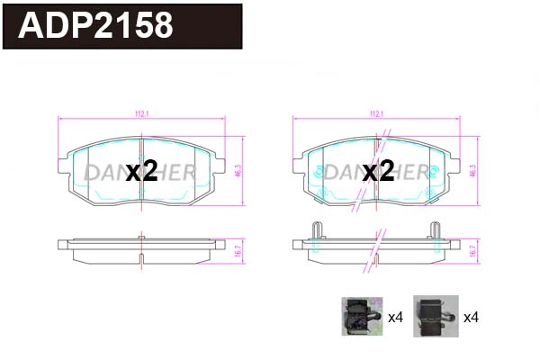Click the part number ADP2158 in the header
pyautogui.click(x=95, y=26)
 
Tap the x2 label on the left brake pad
pyautogui.click(x=141, y=172)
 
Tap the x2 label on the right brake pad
pyautogui.click(x=379, y=172)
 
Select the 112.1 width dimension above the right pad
pyautogui.click(x=377, y=113)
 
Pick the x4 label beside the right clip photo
pyautogui.click(x=469, y=318)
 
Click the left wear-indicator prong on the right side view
pyautogui.click(x=316, y=230)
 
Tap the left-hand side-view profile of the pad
pyautogui.click(x=141, y=249)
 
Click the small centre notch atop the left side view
pyautogui.click(x=141, y=238)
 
